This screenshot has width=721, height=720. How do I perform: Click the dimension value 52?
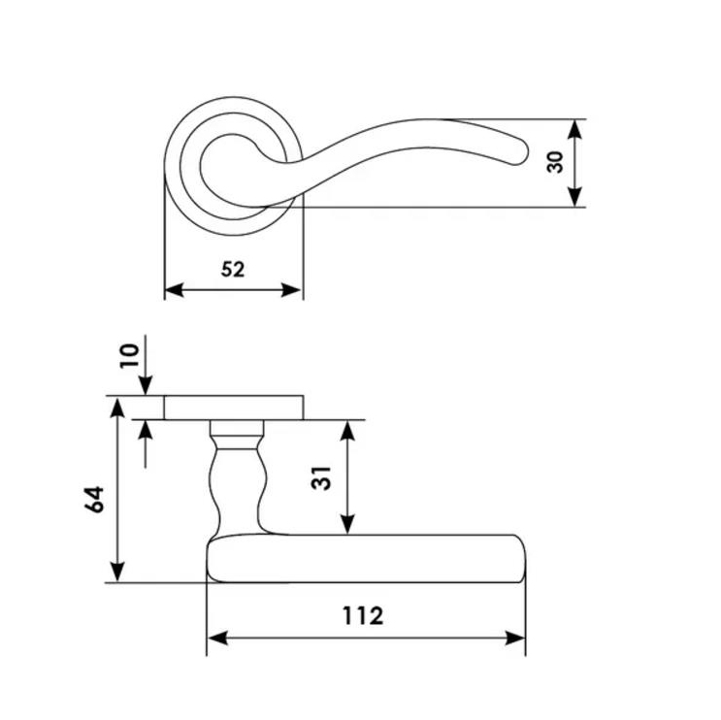(x=233, y=270)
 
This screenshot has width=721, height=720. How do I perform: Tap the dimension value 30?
(x=555, y=162)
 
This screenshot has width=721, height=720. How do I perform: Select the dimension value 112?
(x=363, y=615)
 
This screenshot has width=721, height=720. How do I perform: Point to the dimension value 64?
(x=94, y=500)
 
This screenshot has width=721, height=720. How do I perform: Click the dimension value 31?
(x=321, y=478)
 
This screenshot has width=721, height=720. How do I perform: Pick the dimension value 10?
(x=129, y=355)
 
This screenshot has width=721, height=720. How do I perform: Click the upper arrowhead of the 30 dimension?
(x=574, y=129)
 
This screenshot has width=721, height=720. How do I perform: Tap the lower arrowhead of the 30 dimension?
(x=574, y=197)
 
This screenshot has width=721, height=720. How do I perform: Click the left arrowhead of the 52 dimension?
(x=175, y=290)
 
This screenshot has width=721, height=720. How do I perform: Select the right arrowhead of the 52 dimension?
(x=291, y=290)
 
